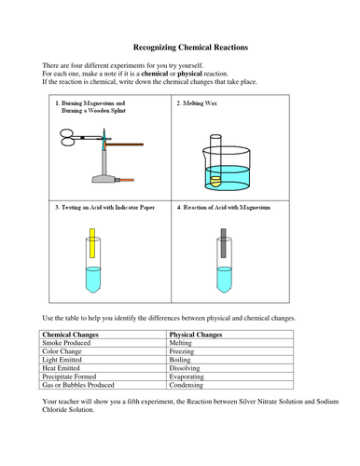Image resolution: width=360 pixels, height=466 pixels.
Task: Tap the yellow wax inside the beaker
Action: tap(215, 181)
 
